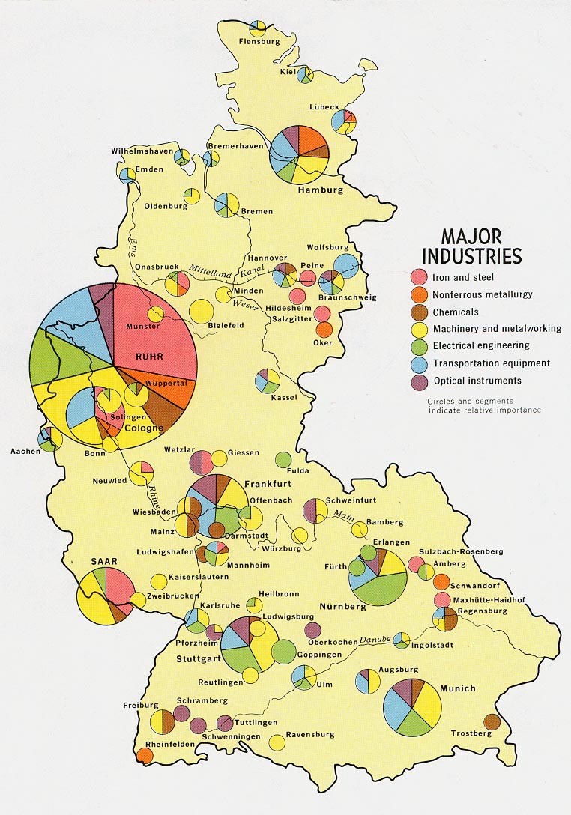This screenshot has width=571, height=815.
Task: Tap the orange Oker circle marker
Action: pyautogui.click(x=324, y=329)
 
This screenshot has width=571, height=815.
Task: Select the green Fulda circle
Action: pyautogui.click(x=283, y=459)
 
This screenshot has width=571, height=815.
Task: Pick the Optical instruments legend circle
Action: pyautogui.click(x=420, y=381)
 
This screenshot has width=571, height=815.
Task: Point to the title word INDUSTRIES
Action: pyautogui.click(x=471, y=255)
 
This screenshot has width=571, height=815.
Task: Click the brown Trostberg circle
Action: pyautogui.click(x=492, y=721)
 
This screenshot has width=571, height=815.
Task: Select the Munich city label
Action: pyautogui.click(x=458, y=688)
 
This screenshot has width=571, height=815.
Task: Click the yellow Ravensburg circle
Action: pyautogui.click(x=277, y=742)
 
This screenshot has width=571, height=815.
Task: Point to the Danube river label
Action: pyautogui.click(x=375, y=640)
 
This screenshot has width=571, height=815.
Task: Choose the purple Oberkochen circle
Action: pyautogui.click(x=313, y=629)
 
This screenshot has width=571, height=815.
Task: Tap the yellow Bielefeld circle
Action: pyautogui.click(x=201, y=311)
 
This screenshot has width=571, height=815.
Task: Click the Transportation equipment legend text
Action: pyautogui.click(x=491, y=363)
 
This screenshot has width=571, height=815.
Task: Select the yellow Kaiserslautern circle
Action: pyautogui.click(x=159, y=581)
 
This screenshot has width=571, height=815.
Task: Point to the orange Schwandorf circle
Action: pyautogui.click(x=441, y=582)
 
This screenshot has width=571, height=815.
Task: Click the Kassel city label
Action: pyautogui.click(x=285, y=397)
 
